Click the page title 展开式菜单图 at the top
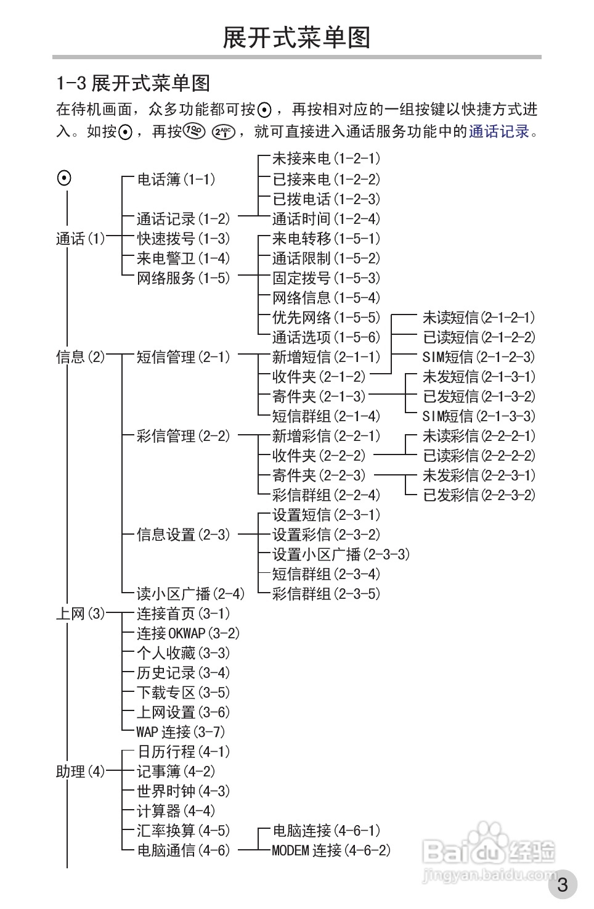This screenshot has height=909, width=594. (296, 38)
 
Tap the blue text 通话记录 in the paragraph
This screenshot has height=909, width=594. (499, 131)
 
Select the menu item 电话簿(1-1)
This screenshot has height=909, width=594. (176, 179)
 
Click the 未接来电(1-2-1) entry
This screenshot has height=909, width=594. (327, 159)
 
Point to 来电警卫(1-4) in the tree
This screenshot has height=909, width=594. (183, 258)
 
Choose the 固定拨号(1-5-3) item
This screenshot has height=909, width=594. (327, 278)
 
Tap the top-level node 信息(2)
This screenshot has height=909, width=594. (81, 357)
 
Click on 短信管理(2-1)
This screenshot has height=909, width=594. (183, 357)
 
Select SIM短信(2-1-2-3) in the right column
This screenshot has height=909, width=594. (479, 357)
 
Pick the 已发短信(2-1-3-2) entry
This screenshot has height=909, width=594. (479, 397)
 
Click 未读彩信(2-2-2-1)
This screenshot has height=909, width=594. (479, 436)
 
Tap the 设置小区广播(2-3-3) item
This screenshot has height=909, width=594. (341, 554)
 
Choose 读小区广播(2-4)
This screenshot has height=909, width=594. (190, 594)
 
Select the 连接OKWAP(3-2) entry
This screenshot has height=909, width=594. (189, 633)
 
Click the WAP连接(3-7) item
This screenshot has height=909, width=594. (181, 732)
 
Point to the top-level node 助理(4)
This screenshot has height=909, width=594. (81, 771)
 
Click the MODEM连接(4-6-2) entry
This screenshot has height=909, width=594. (332, 850)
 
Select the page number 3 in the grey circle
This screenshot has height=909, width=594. (563, 885)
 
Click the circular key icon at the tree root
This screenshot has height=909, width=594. (64, 178)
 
